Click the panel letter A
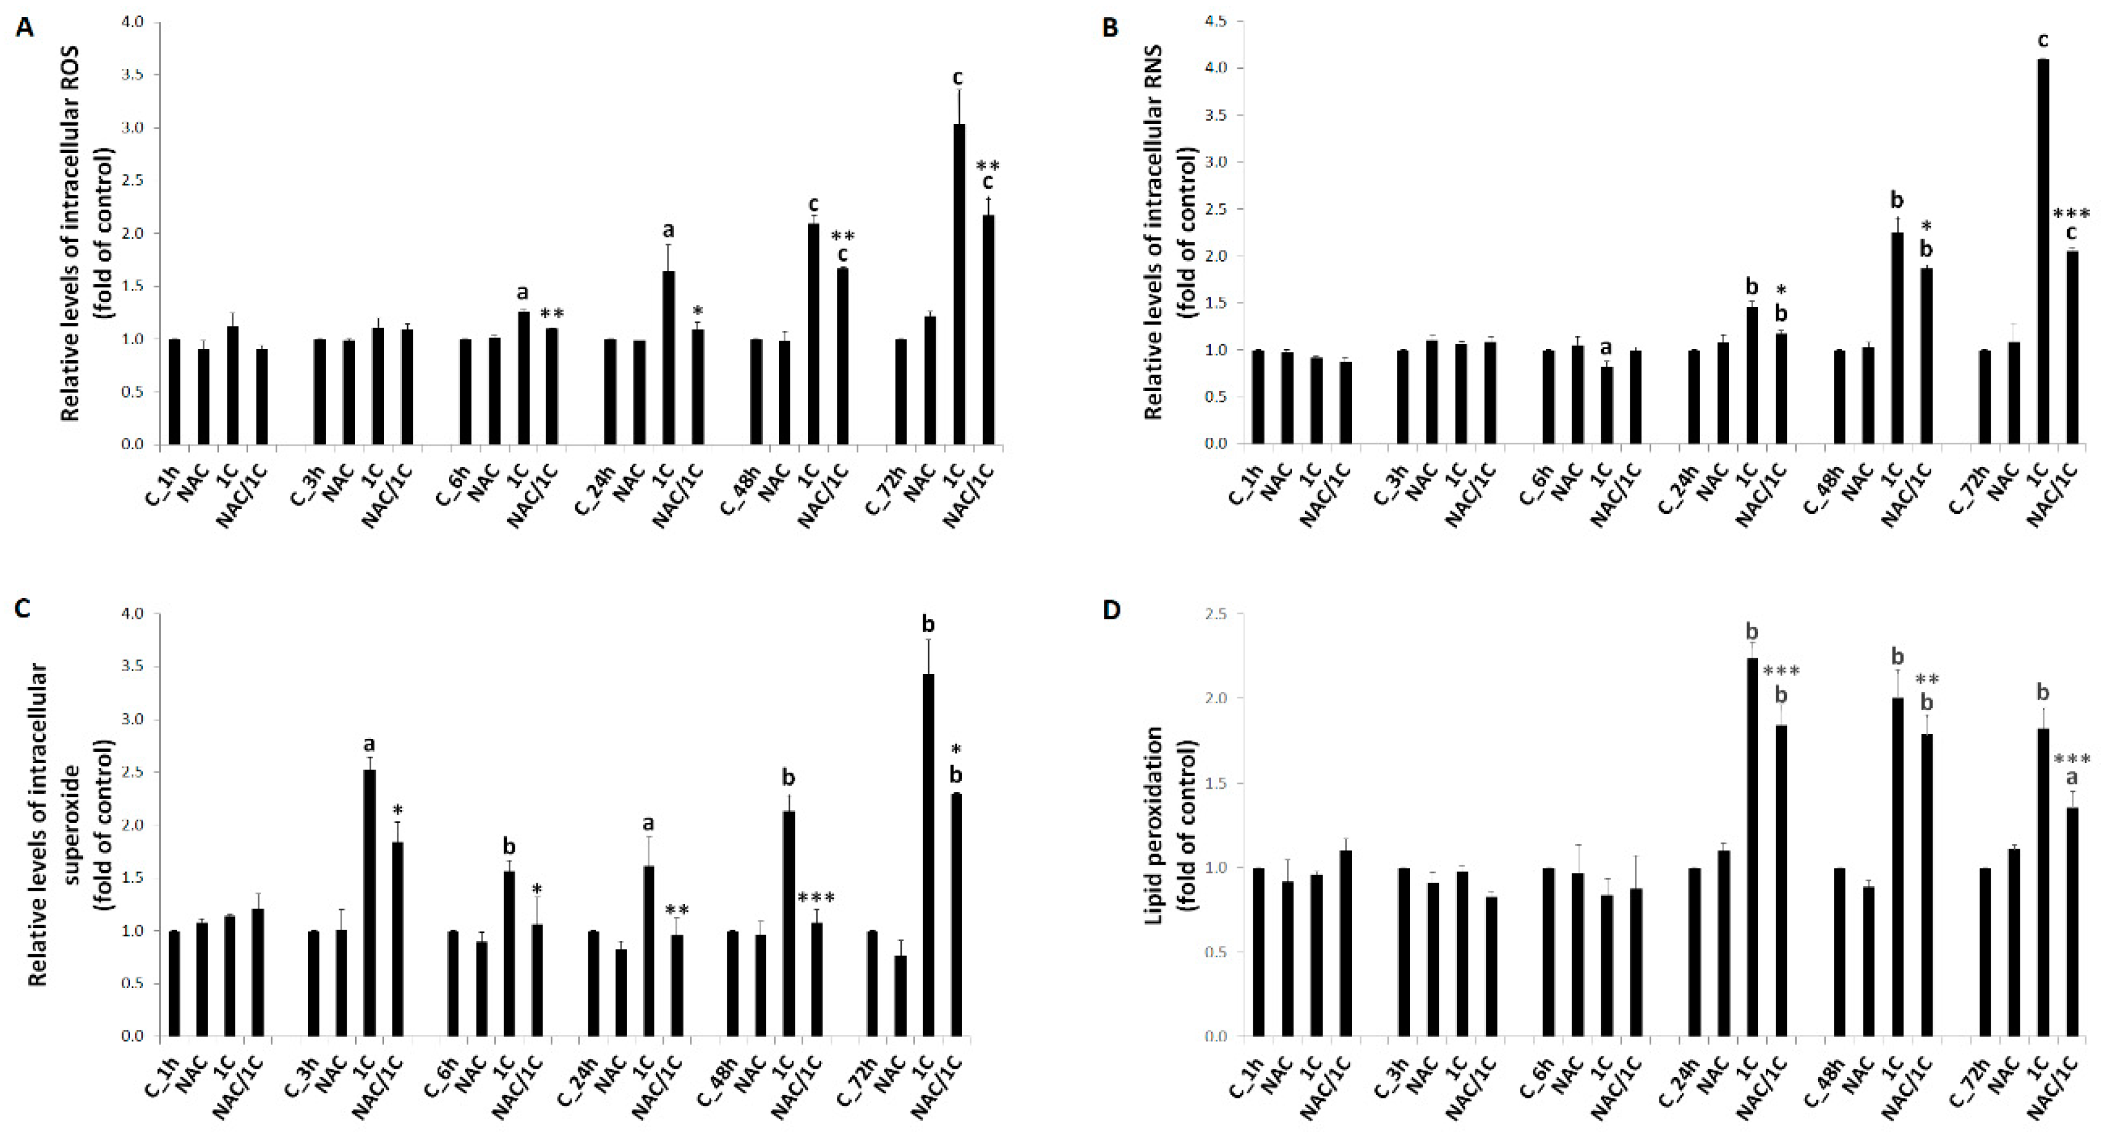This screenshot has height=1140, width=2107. tap(26, 28)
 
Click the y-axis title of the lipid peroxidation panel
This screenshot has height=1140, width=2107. tap(1165, 826)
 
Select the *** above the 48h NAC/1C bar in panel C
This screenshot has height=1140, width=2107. tap(816, 898)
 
